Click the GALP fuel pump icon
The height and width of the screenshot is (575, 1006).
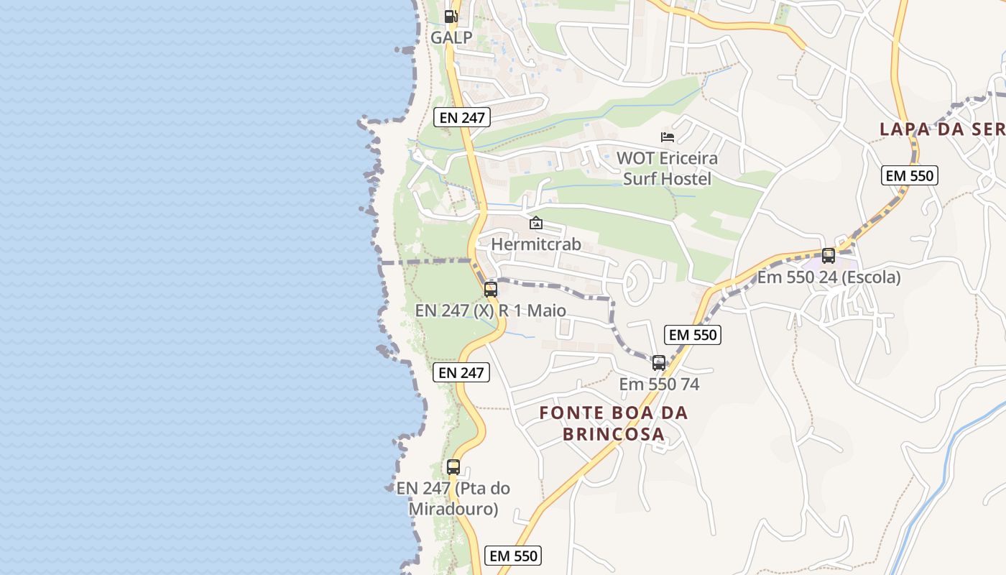451,16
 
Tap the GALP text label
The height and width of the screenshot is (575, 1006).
451,37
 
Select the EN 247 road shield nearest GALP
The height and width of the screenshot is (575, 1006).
462,117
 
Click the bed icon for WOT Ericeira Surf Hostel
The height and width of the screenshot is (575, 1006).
668,137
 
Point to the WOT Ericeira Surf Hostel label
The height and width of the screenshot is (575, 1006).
667,168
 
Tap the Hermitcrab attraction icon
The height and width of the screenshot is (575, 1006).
535,223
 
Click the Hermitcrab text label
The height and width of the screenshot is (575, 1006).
535,244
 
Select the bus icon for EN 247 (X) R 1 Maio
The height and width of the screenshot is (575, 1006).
491,290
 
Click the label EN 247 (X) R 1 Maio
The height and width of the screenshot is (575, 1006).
491,311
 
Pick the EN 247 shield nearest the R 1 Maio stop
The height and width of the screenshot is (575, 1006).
462,372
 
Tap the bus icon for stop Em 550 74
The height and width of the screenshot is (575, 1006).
659,363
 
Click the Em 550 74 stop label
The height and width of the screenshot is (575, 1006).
659,385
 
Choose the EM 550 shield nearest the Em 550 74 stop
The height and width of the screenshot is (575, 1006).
693,335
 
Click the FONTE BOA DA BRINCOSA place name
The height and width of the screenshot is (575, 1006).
614,423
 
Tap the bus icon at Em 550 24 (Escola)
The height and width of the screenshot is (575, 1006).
829,255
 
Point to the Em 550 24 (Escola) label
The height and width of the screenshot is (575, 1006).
829,277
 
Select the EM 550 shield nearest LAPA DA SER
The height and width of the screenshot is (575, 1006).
910,175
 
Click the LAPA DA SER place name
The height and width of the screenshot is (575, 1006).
942,129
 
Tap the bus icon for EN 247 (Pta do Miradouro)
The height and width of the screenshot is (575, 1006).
453,466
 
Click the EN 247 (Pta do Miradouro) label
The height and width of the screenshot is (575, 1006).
453,499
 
